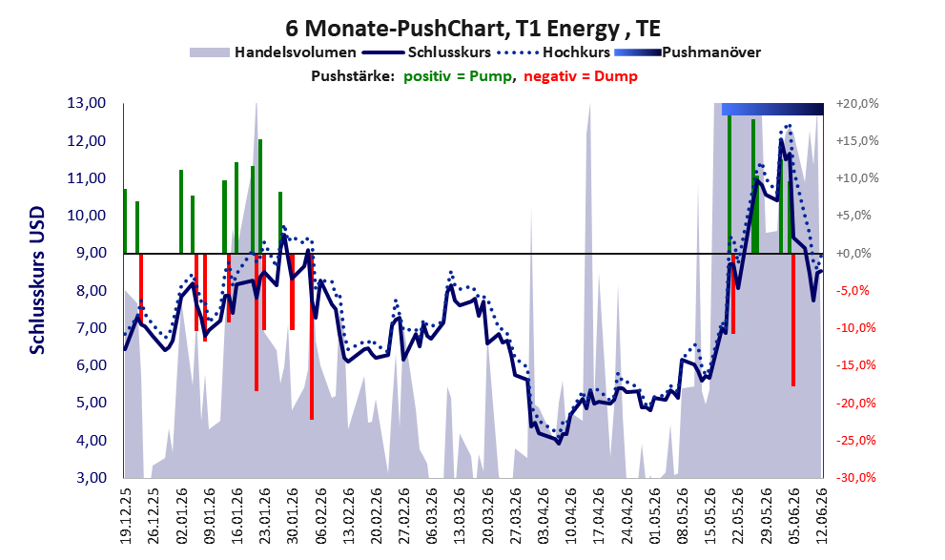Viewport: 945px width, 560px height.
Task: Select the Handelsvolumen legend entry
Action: coord(273,52)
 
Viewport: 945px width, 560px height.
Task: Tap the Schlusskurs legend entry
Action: coord(428,52)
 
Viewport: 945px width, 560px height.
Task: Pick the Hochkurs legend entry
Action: coord(554,52)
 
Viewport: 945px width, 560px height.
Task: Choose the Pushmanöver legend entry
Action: coord(688,52)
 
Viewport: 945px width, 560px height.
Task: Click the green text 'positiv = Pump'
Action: coord(458,76)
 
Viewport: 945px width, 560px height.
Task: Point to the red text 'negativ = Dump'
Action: coord(581,76)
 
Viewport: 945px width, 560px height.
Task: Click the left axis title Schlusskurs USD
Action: coord(37,280)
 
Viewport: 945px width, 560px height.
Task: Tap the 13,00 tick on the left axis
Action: coord(86,103)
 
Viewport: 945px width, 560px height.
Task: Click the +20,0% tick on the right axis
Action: coord(857,104)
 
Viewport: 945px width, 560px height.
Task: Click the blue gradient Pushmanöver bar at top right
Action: coord(772,109)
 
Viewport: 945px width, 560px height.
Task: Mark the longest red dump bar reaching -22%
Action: coord(312,337)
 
